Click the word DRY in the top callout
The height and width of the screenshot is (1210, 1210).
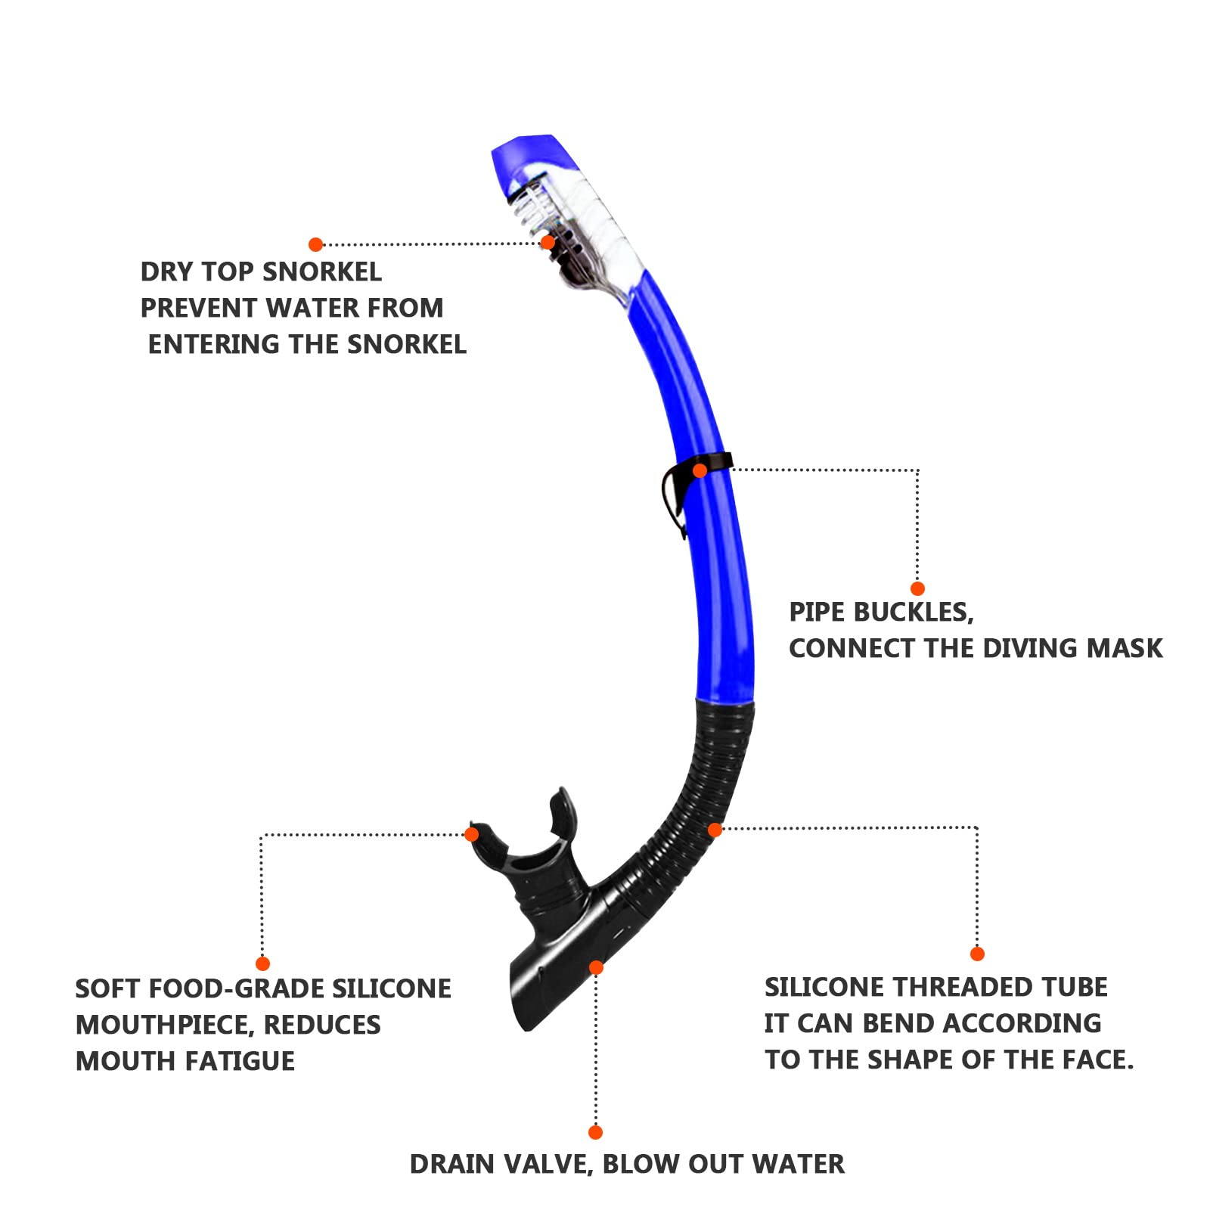(x=167, y=272)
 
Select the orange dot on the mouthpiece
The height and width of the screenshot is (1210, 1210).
(x=471, y=834)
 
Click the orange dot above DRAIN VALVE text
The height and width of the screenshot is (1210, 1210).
(x=595, y=1132)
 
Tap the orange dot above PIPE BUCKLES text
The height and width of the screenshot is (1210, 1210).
(x=917, y=588)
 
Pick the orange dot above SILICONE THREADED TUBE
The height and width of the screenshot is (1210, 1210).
(x=977, y=954)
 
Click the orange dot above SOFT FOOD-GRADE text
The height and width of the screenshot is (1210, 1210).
(x=262, y=963)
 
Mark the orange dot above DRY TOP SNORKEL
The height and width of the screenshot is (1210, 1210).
(x=316, y=244)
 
